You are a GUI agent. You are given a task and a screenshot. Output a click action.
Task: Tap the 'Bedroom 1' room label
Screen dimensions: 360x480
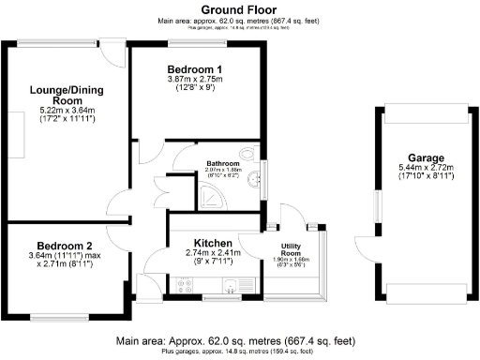(x=194, y=69)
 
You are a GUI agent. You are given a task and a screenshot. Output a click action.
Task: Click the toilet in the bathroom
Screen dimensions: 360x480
(x=247, y=155)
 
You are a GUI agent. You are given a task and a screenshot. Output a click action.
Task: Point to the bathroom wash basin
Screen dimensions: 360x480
(x=255, y=183)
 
